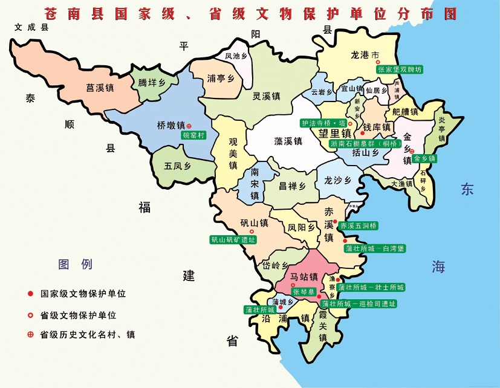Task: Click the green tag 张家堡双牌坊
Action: [x=400, y=70]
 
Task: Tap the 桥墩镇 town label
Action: [x=170, y=126]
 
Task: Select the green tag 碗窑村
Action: [x=194, y=135]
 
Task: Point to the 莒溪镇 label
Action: [x=100, y=88]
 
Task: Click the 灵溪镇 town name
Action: [x=266, y=96]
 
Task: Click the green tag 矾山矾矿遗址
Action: [x=233, y=240]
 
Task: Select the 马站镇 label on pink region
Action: [x=304, y=277]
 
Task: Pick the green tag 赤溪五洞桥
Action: [x=359, y=225]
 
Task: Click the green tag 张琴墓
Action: [x=304, y=291]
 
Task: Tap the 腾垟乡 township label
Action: [x=152, y=82]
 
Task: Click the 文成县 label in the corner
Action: [x=31, y=27]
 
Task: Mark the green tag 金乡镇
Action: [x=424, y=158]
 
